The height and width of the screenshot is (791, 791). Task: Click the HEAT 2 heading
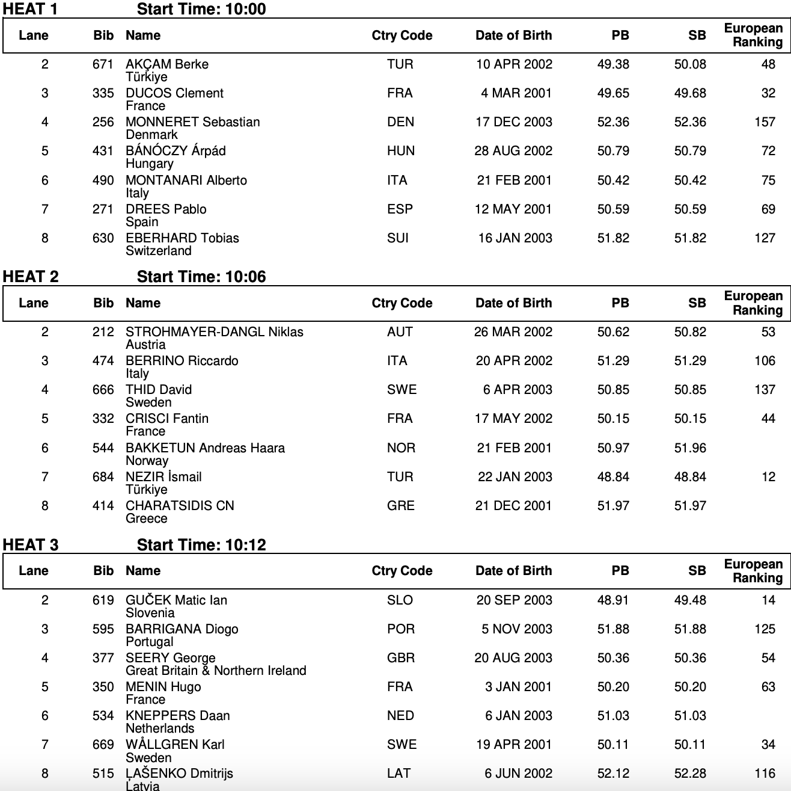[x=31, y=277]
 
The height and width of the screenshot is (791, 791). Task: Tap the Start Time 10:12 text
[x=201, y=545]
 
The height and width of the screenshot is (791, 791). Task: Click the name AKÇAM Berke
[x=167, y=64]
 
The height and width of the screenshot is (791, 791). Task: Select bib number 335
[x=103, y=93]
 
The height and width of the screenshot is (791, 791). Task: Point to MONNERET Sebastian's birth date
[x=513, y=122]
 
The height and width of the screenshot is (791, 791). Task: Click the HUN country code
[x=400, y=151]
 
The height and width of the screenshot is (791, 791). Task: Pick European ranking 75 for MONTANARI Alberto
[x=768, y=180]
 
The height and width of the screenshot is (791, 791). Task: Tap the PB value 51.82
[x=613, y=238]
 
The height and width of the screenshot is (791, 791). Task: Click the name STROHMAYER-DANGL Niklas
[x=214, y=332]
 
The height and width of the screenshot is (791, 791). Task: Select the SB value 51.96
[x=690, y=448]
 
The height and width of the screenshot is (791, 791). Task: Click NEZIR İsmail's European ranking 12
[x=768, y=477]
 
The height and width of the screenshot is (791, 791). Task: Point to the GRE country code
[x=400, y=506]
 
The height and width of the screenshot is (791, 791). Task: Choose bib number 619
[x=103, y=600]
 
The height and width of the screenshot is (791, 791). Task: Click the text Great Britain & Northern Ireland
[x=216, y=671]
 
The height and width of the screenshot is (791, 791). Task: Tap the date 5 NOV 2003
[x=516, y=629]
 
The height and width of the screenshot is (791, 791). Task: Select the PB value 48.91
[x=613, y=600]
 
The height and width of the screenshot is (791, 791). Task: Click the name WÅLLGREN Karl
[x=175, y=745]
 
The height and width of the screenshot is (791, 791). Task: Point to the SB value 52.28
[x=690, y=774]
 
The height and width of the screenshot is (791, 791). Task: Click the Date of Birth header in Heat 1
[x=513, y=35]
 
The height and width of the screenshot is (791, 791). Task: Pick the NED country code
[x=400, y=716]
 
